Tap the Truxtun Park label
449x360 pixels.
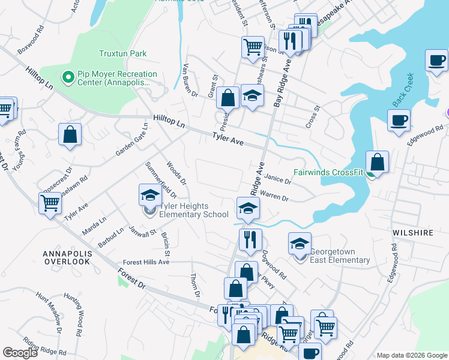click(122, 53)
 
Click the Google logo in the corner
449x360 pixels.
click(20, 353)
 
